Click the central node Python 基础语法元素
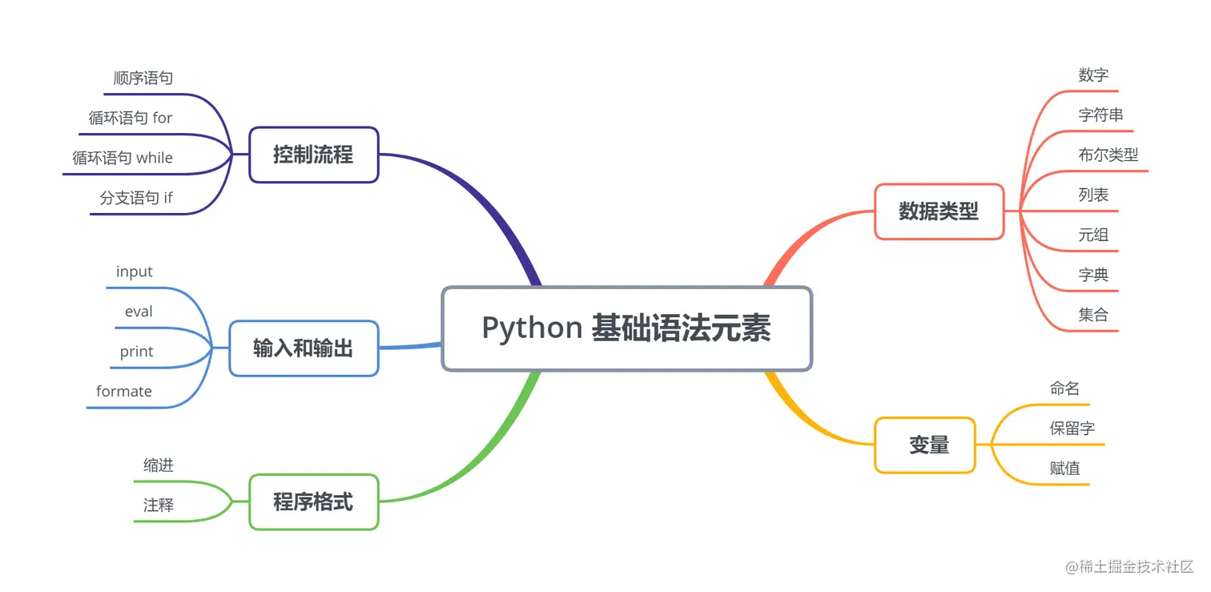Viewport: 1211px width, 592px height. [x=626, y=328]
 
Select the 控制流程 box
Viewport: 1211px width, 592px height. [x=313, y=155]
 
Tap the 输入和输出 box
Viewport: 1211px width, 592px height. [x=303, y=348]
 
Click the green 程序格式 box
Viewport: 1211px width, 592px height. [x=313, y=502]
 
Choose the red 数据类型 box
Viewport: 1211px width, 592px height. [x=939, y=211]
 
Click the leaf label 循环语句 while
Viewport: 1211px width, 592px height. [x=123, y=158]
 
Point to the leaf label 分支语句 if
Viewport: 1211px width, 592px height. [x=136, y=198]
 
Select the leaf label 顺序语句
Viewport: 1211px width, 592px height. [x=143, y=79]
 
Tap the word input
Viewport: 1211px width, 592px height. [x=134, y=272]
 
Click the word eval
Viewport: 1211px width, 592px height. [x=139, y=312]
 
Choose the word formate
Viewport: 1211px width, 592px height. [x=124, y=391]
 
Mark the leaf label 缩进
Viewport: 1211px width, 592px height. [x=159, y=465]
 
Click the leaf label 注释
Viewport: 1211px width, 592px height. [x=159, y=505]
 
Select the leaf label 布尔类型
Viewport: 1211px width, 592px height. [x=1108, y=155]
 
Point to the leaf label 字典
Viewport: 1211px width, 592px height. [x=1093, y=275]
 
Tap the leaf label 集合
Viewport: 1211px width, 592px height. [x=1093, y=315]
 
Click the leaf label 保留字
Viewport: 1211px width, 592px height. [x=1072, y=429]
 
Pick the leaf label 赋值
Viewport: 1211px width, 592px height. [x=1064, y=469]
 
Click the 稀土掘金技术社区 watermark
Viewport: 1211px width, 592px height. [x=1129, y=567]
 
